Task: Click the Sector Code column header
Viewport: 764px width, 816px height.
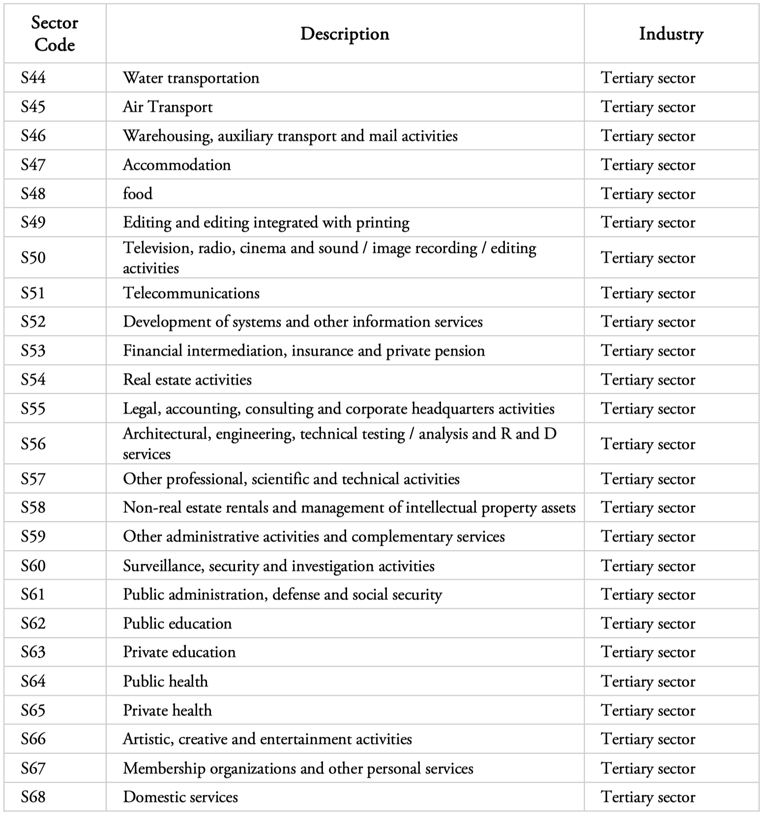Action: pos(55,34)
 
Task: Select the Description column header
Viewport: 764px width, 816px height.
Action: pos(345,34)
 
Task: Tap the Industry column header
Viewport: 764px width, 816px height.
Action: pos(671,34)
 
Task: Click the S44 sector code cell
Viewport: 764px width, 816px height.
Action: pos(33,78)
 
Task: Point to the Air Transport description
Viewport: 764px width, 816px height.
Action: pos(168,107)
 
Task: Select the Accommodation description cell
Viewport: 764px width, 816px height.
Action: pos(176,165)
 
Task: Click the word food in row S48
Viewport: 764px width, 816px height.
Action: pos(138,194)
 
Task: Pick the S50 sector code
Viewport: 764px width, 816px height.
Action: pos(33,258)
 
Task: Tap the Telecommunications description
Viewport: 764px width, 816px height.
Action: pos(191,293)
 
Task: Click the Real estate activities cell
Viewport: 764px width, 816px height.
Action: pos(187,379)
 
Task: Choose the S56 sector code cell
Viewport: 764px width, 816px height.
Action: pos(33,444)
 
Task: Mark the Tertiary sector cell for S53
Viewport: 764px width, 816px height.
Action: pos(648,351)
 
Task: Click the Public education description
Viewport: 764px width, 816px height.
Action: pos(177,623)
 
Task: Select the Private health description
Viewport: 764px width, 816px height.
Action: pos(167,710)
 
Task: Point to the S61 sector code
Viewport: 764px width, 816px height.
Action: pos(33,594)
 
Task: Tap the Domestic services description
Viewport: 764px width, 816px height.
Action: pos(180,797)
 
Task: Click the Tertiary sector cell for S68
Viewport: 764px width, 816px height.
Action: pos(648,797)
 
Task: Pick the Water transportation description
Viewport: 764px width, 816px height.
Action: pos(191,78)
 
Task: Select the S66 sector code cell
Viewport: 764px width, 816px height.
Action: pos(33,739)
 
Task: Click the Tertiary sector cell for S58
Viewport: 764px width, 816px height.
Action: pos(648,507)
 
